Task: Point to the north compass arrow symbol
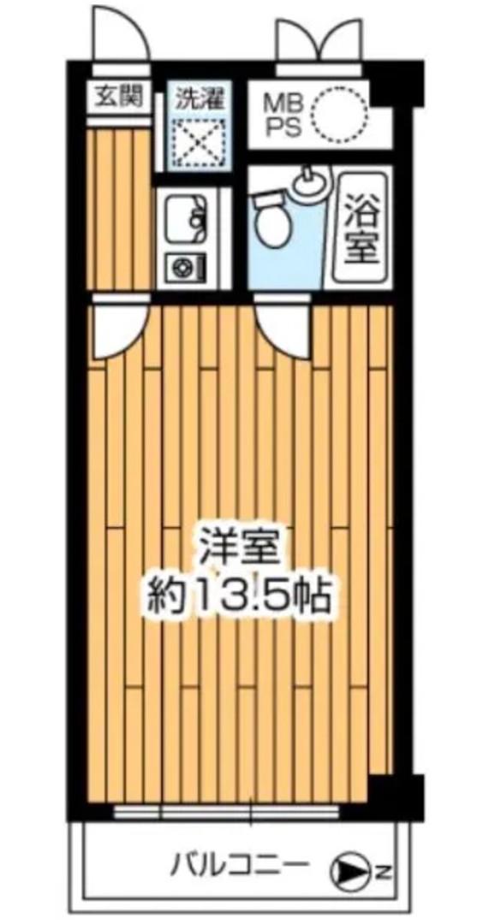[x=350, y=872]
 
